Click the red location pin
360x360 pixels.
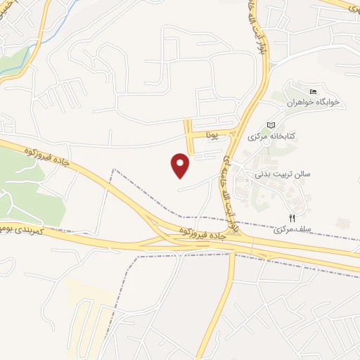coord(181,165)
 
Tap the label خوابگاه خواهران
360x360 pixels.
coord(313,103)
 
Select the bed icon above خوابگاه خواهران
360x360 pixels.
coord(313,91)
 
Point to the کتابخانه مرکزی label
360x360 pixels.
coord(269,136)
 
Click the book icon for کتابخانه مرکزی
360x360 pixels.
coord(271,124)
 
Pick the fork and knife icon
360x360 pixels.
coord(290,217)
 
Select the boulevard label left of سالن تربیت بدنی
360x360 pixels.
coord(229,193)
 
